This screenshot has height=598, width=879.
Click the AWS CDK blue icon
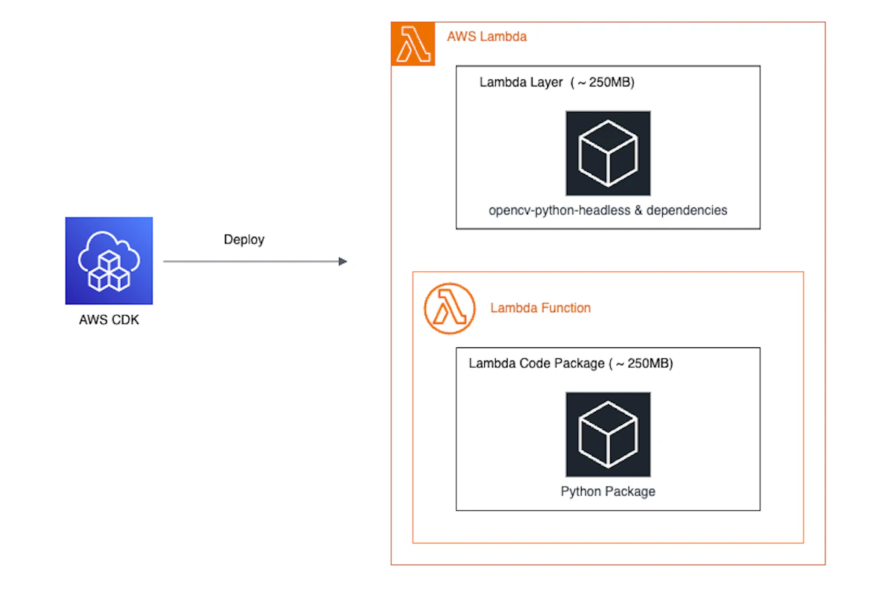pyautogui.click(x=108, y=260)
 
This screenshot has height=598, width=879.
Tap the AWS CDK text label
pyautogui.click(x=108, y=320)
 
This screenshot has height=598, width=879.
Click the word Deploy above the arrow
pyautogui.click(x=244, y=240)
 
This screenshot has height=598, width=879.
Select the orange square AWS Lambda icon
pyautogui.click(x=412, y=44)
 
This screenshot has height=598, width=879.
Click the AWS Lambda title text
pyautogui.click(x=486, y=37)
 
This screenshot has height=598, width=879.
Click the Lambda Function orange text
pyautogui.click(x=540, y=308)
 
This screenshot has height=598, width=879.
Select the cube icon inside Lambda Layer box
pyautogui.click(x=607, y=153)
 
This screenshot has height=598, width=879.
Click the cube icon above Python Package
pyautogui.click(x=607, y=434)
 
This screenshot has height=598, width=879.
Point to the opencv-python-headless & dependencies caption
pyautogui.click(x=607, y=210)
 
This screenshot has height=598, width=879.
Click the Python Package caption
pyautogui.click(x=607, y=492)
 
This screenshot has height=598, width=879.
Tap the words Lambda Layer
pyautogui.click(x=522, y=82)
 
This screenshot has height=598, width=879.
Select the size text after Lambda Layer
pyautogui.click(x=603, y=82)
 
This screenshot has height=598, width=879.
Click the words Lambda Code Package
pyautogui.click(x=536, y=363)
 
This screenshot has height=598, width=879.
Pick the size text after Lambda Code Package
pyautogui.click(x=641, y=363)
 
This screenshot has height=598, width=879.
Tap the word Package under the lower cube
pyautogui.click(x=631, y=492)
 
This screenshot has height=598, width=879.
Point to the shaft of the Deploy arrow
pyautogui.click(x=249, y=261)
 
